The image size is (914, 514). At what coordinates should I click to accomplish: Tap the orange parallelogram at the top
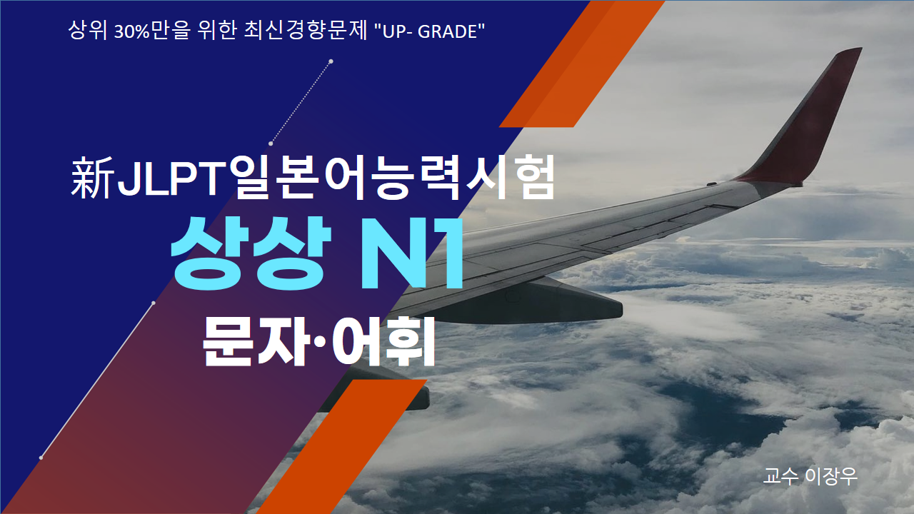pos(581,64)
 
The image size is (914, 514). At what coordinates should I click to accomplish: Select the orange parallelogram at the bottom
pos(342,447)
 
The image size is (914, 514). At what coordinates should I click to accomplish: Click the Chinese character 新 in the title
pos(92,178)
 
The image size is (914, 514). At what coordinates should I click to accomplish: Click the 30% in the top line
pos(132,31)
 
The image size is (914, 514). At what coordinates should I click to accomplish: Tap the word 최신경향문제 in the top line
pos(306,30)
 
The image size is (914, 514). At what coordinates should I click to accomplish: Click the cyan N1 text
pos(411,253)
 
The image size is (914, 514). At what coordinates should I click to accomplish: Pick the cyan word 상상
pos(251,253)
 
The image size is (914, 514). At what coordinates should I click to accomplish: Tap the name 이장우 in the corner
pos(831,476)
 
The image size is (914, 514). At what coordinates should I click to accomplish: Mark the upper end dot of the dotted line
pos(331,61)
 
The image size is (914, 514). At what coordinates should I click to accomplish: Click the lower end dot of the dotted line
pos(271,143)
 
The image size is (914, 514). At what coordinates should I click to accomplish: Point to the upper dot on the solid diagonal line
pos(154,303)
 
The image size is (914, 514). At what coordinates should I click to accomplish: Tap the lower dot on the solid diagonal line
pos(41,458)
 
